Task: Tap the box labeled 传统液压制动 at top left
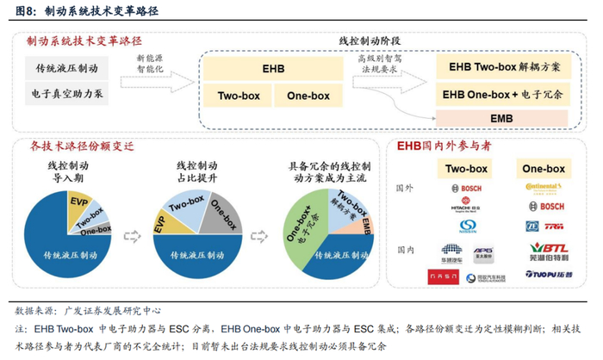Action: pyautogui.click(x=67, y=68)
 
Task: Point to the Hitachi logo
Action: pyautogui.click(x=466, y=208)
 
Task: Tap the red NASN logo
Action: pyautogui.click(x=444, y=276)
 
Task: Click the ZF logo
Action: pyautogui.click(x=532, y=227)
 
